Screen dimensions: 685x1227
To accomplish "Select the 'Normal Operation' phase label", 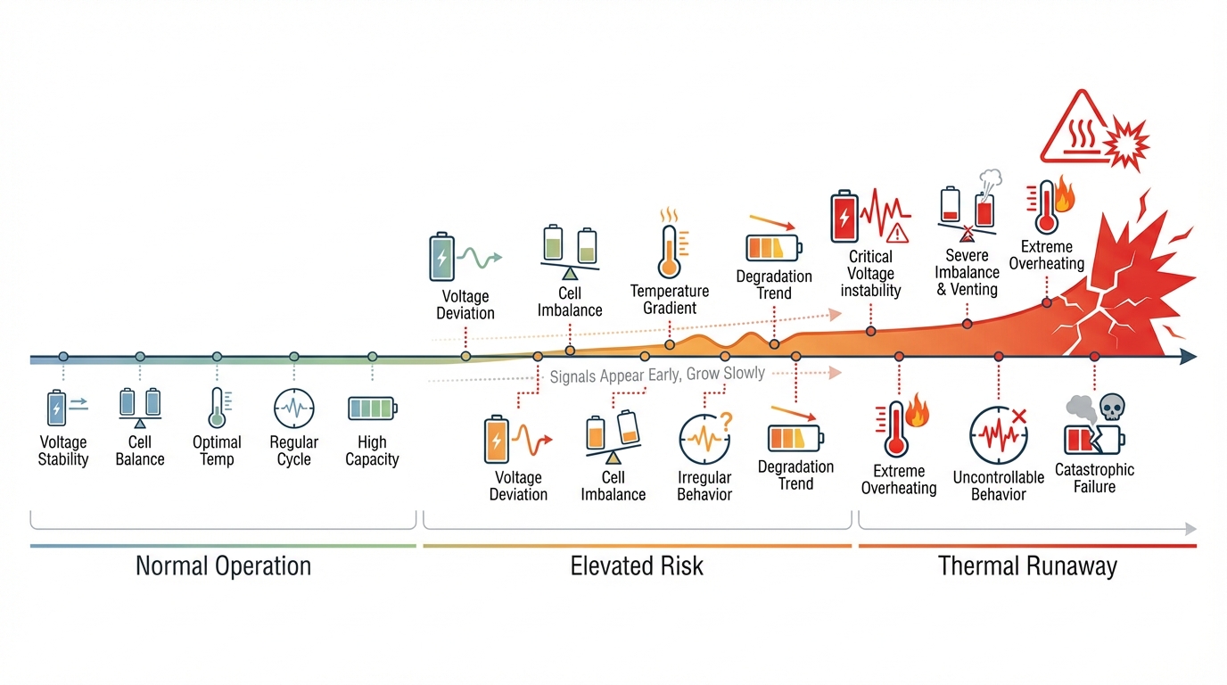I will pos(223,565).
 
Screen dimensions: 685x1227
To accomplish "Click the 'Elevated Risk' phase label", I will pos(637,565).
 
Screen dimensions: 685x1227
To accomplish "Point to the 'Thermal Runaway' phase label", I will pos(1027,565).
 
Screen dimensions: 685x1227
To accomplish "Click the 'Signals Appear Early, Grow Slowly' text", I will pos(657,376).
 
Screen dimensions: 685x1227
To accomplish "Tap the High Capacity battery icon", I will pos(372,409).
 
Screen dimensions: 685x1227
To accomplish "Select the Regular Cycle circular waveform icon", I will pos(293,409).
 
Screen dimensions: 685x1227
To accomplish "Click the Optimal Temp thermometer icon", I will pos(217,409).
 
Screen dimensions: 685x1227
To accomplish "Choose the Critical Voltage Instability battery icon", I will pos(844,217).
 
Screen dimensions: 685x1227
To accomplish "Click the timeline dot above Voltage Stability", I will pos(63,357).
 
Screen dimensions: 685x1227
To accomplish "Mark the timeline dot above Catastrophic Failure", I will pos(1094,357).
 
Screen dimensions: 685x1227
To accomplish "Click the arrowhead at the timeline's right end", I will pos(1188,358).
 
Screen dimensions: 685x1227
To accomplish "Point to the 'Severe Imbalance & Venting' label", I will pos(967,272).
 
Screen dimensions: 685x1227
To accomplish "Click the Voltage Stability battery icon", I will pos(57,408).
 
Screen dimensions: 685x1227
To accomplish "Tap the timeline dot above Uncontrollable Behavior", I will pos(999,357).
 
